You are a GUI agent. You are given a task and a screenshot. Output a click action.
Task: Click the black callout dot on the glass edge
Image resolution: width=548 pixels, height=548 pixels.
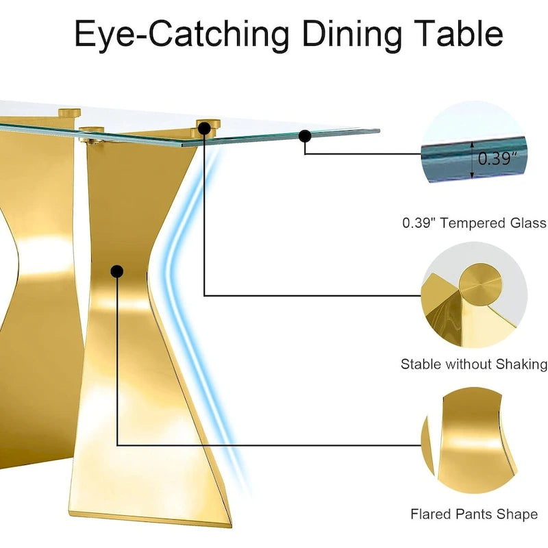(305, 136)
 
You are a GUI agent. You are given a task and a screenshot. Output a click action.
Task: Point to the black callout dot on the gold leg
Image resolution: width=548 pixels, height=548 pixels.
(117, 271)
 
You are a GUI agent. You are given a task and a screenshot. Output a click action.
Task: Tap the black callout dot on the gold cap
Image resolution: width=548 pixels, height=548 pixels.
(204, 128)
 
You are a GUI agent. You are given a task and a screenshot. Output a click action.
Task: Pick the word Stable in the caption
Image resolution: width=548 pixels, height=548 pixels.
(420, 364)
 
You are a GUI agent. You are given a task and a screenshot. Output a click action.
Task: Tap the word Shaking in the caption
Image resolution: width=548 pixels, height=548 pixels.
(525, 364)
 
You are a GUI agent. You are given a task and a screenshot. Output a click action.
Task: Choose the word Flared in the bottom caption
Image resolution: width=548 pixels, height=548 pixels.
(430, 514)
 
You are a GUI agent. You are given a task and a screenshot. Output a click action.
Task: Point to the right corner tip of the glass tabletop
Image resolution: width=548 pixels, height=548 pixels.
(378, 130)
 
